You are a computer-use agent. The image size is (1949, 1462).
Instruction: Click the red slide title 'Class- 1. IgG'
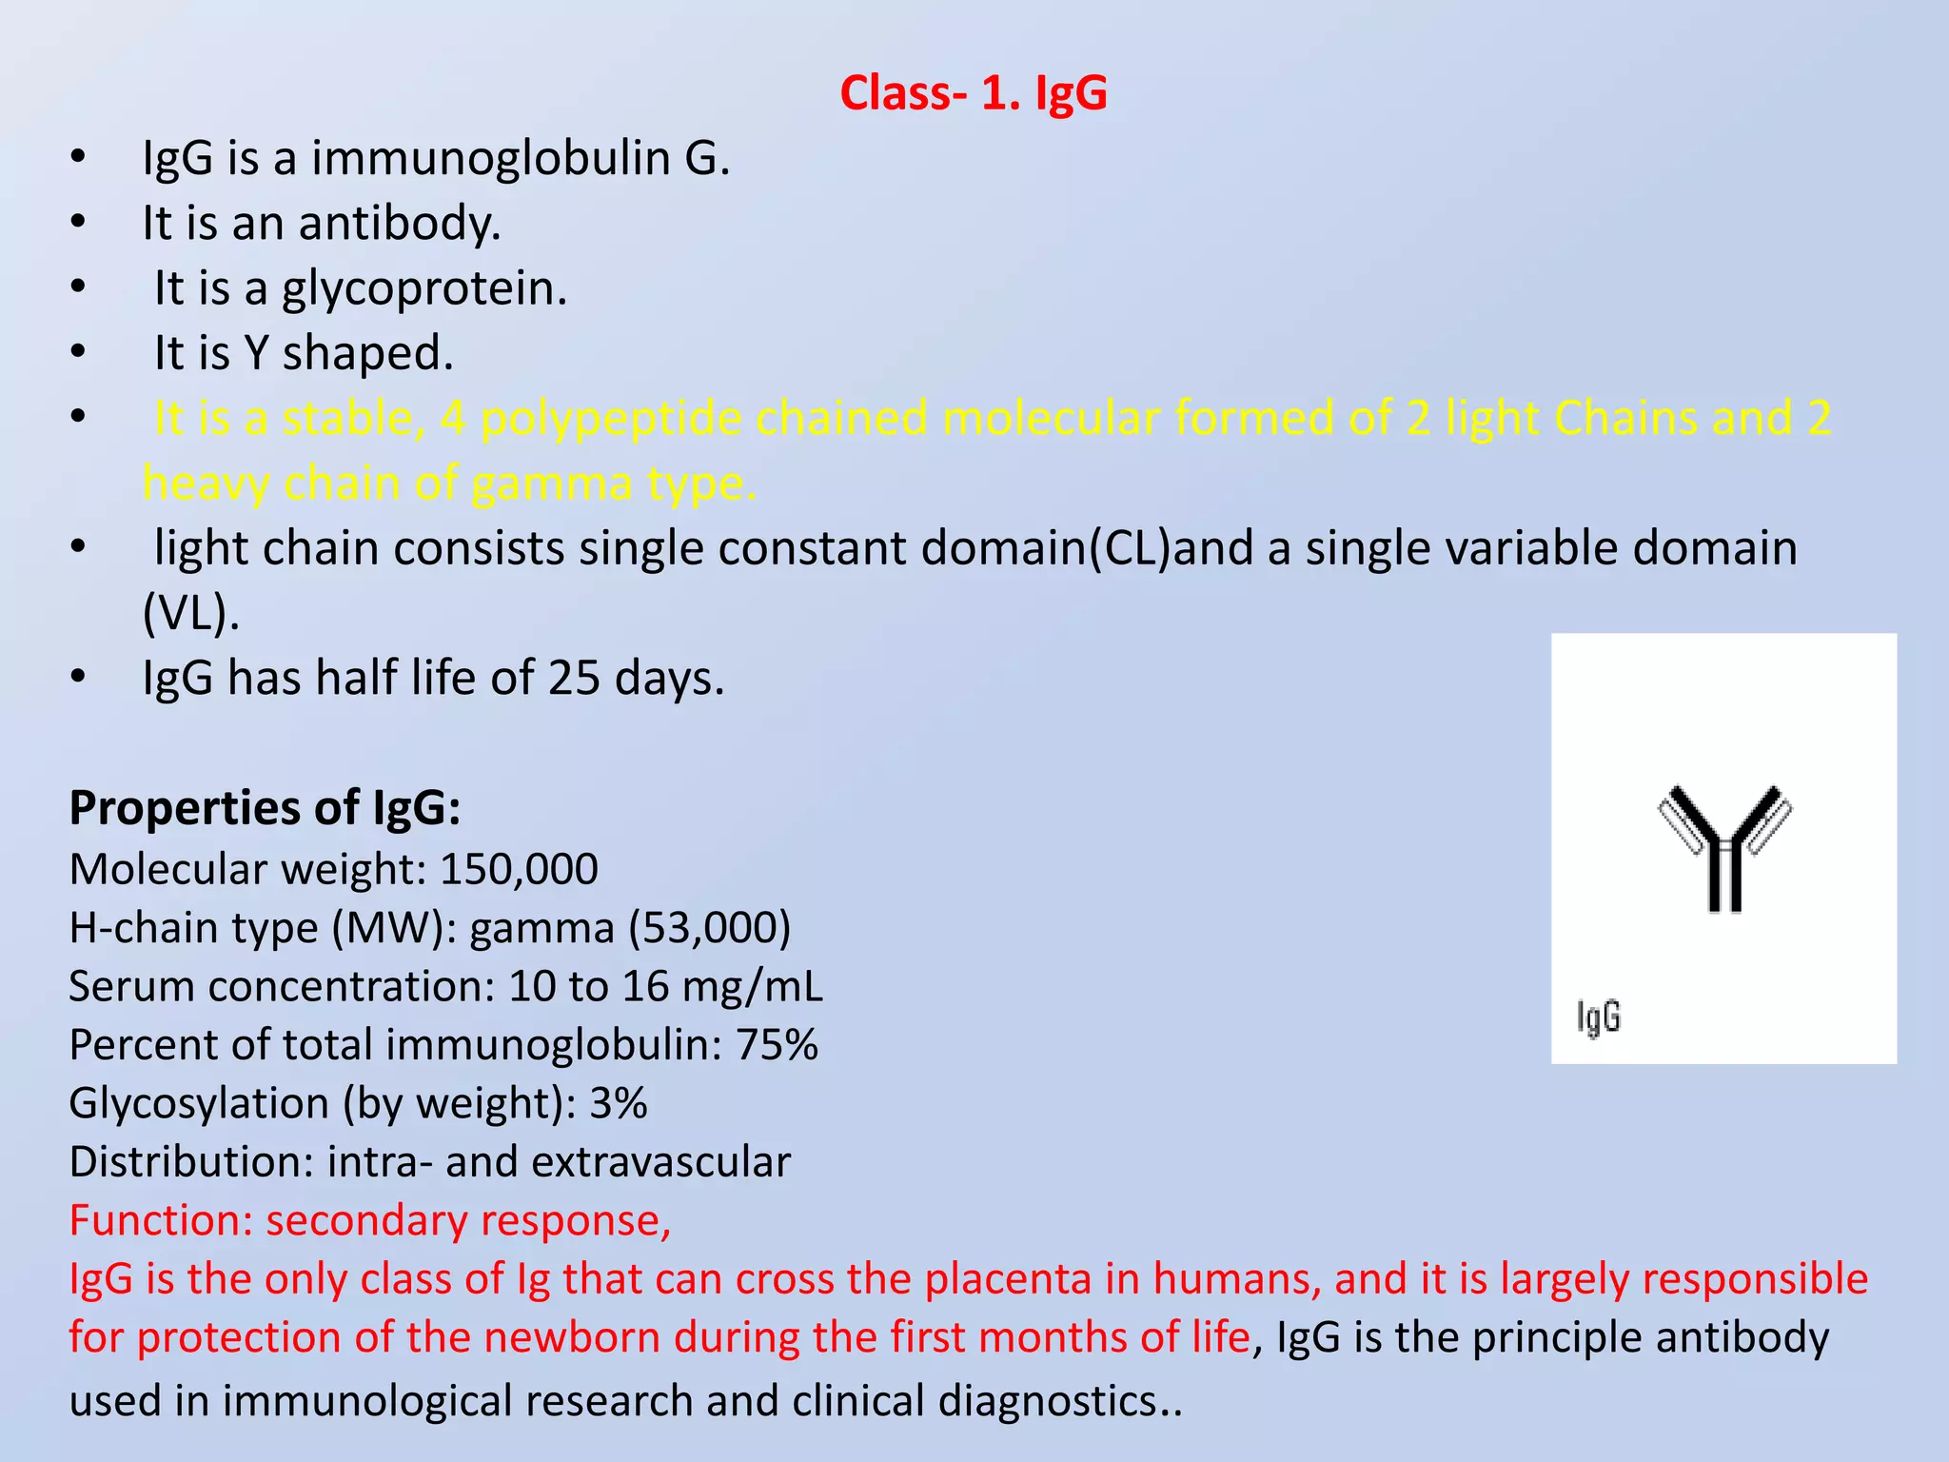coord(974,93)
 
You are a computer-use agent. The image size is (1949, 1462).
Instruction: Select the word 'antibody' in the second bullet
coord(399,224)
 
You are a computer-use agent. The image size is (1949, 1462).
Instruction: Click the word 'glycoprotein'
coord(423,288)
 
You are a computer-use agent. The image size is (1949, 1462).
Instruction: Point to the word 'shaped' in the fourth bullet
coord(367,353)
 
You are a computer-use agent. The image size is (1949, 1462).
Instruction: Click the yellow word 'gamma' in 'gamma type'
coord(551,484)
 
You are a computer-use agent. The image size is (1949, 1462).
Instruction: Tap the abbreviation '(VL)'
coord(189,613)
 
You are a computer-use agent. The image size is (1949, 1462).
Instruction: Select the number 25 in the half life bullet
coord(573,679)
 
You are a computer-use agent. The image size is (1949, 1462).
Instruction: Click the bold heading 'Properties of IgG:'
coord(265,808)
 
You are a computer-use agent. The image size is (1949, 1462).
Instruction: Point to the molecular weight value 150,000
coord(519,869)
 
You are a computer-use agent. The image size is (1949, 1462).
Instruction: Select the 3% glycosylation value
coord(618,1103)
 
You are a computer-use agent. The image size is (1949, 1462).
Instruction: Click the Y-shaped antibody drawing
coord(1723,848)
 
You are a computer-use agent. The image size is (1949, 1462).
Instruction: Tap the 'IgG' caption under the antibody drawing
coord(1598,1017)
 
